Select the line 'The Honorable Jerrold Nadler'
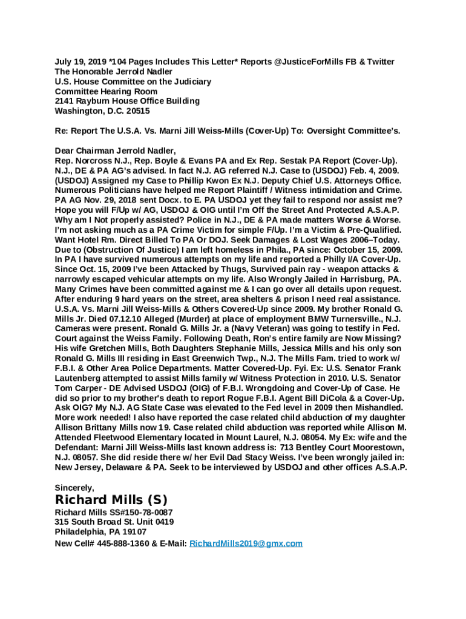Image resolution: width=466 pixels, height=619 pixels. click(x=113, y=71)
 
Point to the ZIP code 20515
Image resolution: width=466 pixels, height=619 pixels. click(x=137, y=111)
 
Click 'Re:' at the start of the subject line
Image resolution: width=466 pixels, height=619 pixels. click(x=62, y=131)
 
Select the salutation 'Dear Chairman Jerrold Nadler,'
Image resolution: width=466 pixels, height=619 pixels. click(x=115, y=151)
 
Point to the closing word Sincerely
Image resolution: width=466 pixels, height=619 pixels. click(x=73, y=487)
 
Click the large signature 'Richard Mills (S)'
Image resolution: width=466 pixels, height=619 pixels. click(x=111, y=500)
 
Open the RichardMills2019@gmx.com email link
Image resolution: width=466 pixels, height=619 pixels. click(x=246, y=543)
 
